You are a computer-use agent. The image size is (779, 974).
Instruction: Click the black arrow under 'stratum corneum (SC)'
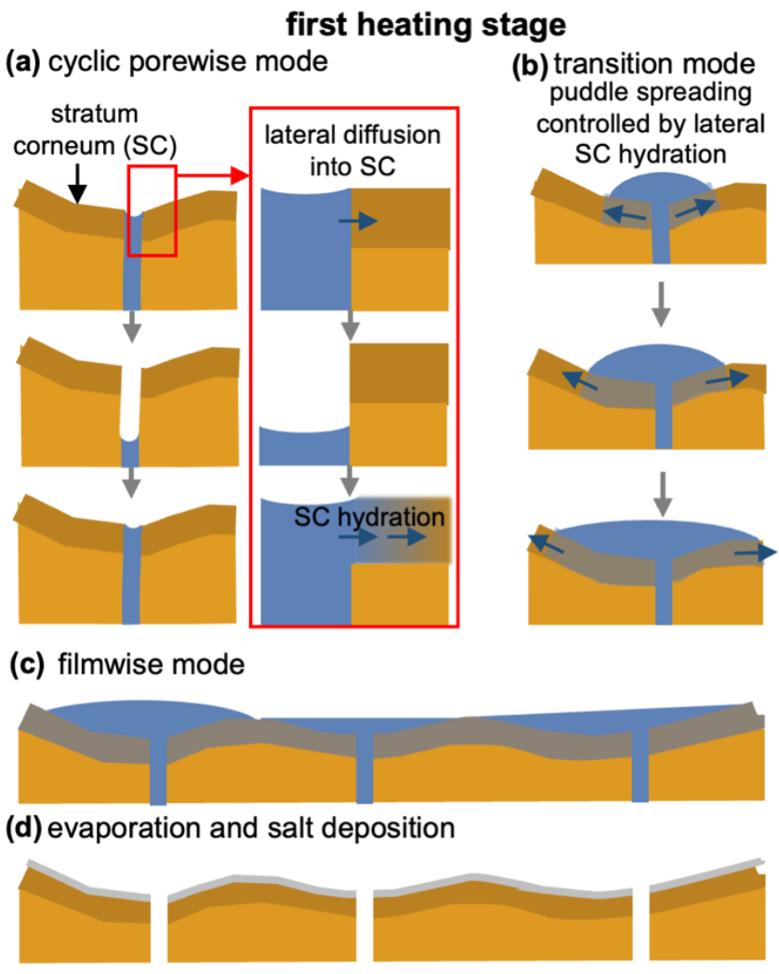coord(79,188)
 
